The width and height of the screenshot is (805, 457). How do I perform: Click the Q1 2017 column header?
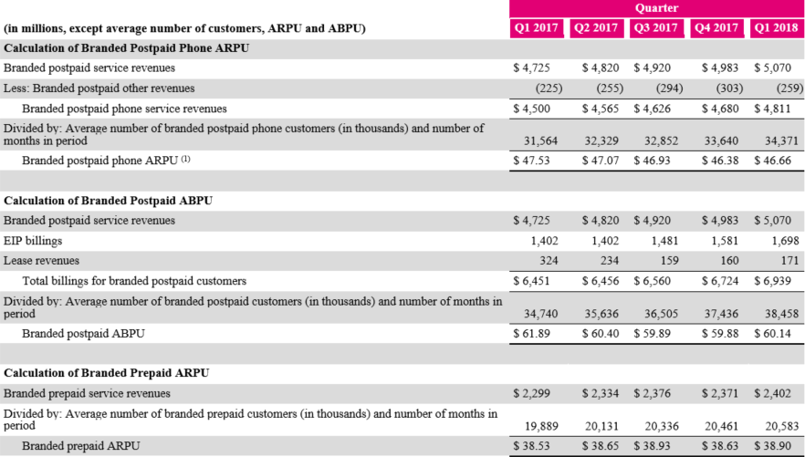[536, 28]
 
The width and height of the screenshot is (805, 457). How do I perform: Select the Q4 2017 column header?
[716, 28]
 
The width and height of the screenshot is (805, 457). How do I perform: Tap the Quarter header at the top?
[655, 7]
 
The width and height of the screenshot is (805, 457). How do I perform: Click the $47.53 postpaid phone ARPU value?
[536, 161]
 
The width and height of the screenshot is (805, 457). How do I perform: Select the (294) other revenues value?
[657, 88]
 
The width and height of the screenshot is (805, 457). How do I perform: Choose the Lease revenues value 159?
[666, 261]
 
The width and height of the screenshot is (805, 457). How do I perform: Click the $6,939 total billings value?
[773, 281]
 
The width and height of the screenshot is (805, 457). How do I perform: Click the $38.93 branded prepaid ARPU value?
[656, 447]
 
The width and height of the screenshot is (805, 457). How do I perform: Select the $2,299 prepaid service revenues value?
[536, 393]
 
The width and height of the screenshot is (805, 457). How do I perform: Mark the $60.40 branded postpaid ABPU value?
[598, 334]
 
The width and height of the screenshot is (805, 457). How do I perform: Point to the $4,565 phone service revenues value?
[598, 109]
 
